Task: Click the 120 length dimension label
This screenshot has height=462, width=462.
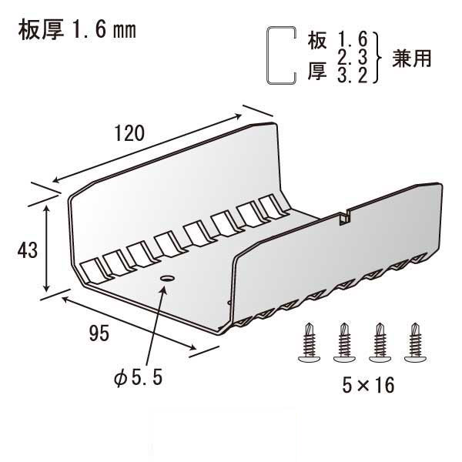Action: click(130, 133)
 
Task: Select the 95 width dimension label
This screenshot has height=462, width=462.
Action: click(97, 333)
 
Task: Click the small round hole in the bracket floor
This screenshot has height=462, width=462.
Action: click(167, 276)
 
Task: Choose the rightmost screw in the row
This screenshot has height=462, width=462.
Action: click(417, 343)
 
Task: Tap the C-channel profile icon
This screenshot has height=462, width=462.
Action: click(280, 55)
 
